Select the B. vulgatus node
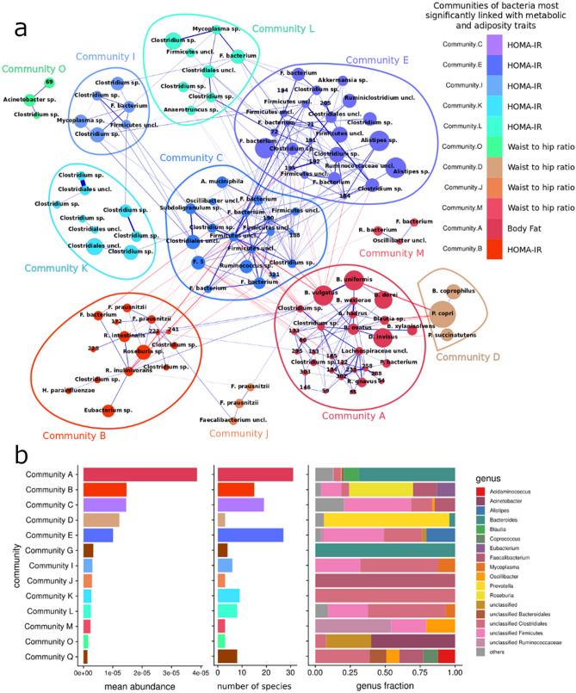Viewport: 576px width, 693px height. click(x=319, y=293)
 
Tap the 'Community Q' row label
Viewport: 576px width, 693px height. click(x=51, y=656)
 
